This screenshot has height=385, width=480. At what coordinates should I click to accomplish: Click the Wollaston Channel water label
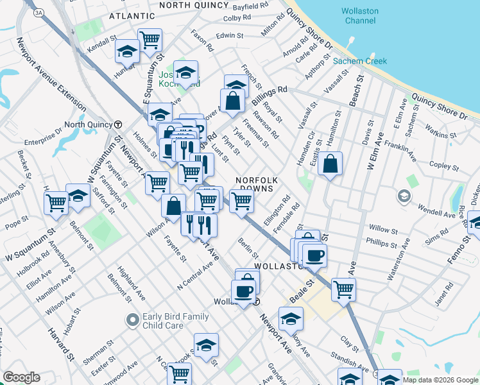tap(359, 16)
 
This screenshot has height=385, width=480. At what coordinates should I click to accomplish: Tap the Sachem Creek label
tap(359, 62)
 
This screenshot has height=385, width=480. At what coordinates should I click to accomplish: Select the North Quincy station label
tap(89, 124)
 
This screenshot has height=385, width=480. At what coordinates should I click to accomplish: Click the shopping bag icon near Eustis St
tap(330, 164)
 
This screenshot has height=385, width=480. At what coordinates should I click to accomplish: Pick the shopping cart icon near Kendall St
tap(150, 40)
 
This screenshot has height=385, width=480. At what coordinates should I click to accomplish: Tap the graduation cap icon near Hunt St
tap(128, 52)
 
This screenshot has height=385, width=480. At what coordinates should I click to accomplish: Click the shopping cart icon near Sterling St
tap(56, 202)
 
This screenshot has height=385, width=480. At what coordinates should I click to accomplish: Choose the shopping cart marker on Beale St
tap(343, 289)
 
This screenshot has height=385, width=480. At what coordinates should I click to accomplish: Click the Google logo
tap(21, 377)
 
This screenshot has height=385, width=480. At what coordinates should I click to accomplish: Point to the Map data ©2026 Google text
tap(440, 380)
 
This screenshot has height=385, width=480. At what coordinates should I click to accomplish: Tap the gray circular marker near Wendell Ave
tap(404, 195)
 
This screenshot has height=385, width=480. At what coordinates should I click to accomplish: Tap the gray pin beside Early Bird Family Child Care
tap(133, 319)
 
